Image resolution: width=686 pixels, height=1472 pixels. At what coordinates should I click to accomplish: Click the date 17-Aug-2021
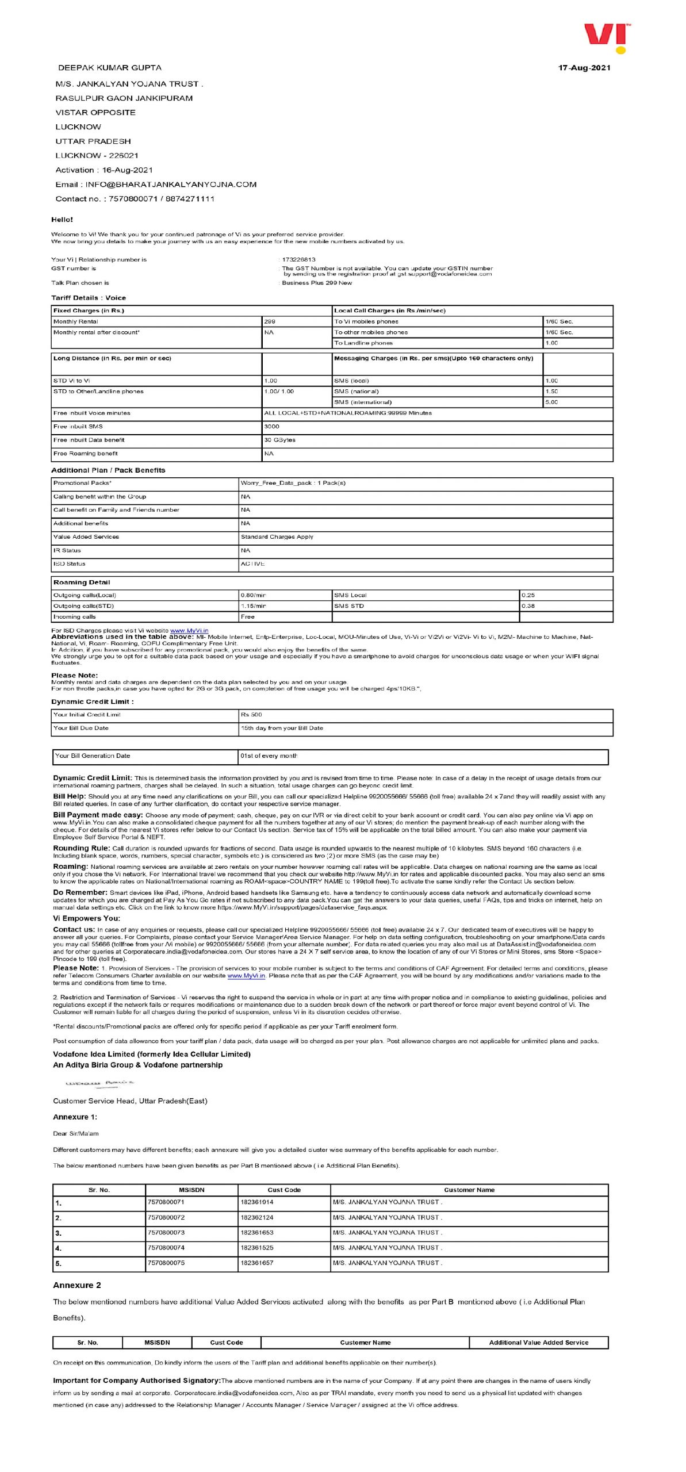[x=584, y=68]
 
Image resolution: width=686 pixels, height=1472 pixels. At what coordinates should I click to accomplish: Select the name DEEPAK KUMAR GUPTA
[x=110, y=68]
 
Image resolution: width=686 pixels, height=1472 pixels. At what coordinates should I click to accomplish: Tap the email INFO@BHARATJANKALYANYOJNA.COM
[x=171, y=185]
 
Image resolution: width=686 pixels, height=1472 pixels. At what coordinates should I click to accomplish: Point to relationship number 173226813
[x=298, y=260]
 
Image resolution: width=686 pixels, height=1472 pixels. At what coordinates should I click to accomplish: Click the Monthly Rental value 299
[x=270, y=322]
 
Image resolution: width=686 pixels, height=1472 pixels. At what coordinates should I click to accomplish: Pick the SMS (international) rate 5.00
[x=551, y=402]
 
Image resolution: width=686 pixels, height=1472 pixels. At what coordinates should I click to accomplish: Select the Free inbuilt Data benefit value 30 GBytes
[x=280, y=440]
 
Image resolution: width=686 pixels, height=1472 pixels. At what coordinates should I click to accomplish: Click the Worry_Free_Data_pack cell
[x=293, y=484]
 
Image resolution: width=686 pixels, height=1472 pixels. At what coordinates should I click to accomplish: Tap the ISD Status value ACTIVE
[x=253, y=565]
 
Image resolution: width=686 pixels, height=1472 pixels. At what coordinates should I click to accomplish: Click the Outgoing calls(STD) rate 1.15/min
[x=254, y=607]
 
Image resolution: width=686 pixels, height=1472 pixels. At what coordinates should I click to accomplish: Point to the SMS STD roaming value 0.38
[x=528, y=607]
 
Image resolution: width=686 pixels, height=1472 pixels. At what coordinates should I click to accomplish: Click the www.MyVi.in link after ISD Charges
[x=189, y=631]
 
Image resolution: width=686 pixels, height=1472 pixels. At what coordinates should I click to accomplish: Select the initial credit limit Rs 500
[x=251, y=715]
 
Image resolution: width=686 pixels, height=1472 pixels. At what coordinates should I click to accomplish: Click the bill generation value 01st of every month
[x=269, y=757]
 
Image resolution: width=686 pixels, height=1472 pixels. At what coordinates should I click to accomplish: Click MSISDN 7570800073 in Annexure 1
[x=166, y=1233]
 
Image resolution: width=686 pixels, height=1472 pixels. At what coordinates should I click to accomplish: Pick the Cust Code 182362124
[x=257, y=1218]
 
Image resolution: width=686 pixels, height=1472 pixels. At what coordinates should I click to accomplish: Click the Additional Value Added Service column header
[x=538, y=1343]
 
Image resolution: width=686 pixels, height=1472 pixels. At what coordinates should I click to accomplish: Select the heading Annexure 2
[x=77, y=1286]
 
